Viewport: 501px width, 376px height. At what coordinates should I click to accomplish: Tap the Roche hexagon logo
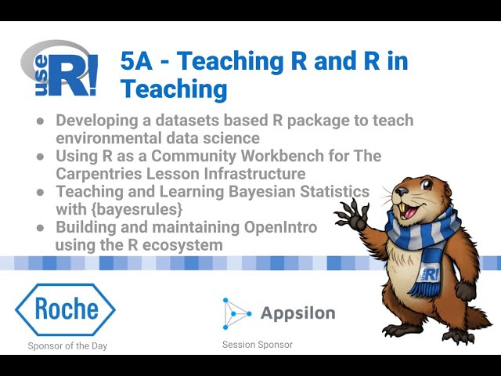pyautogui.click(x=66, y=309)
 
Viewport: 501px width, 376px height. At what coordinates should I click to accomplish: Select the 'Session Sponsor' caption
pyautogui.click(x=257, y=345)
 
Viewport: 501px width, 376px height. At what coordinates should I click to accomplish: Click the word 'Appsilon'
pyautogui.click(x=297, y=314)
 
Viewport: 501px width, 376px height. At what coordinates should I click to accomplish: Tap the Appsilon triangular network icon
pyautogui.click(x=236, y=313)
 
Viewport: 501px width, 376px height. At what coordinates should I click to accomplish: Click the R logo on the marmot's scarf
pyautogui.click(x=431, y=274)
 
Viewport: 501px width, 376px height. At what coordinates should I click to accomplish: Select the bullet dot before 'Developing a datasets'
pyautogui.click(x=40, y=121)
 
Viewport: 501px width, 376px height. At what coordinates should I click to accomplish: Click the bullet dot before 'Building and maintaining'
pyautogui.click(x=40, y=228)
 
